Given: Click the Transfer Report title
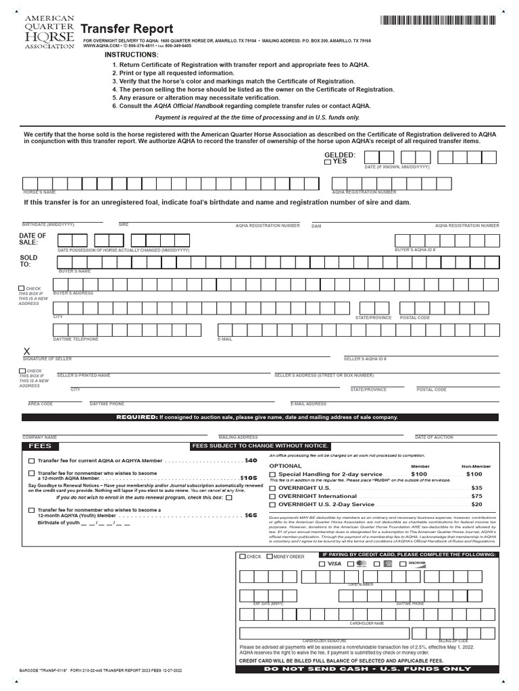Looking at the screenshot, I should pos(127,29).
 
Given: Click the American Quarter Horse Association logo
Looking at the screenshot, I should pos(49,32).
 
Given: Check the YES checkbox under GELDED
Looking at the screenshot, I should pos(328,162).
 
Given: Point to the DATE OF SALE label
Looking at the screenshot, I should pos(33,239).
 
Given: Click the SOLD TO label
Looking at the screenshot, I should pos(30,261).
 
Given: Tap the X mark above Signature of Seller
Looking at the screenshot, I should pos(27,352).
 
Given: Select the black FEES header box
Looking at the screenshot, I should pos(40,446).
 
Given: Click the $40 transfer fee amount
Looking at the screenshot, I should pos(251,460).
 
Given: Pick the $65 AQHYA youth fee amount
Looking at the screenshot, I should pos(251,515).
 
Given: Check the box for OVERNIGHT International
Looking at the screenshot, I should pos(272,496).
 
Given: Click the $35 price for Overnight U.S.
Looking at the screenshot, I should pos(476,487).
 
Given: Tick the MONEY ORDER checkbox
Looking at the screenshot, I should pos(270,557).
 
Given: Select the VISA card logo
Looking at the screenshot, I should pos(334,563).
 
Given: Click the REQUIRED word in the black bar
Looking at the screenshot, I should pos(137,417).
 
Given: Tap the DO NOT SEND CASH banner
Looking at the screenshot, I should pos(367,669).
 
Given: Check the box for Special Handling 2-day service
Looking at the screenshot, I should pos(272,474).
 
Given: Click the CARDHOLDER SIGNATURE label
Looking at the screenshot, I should pos(324,640).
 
